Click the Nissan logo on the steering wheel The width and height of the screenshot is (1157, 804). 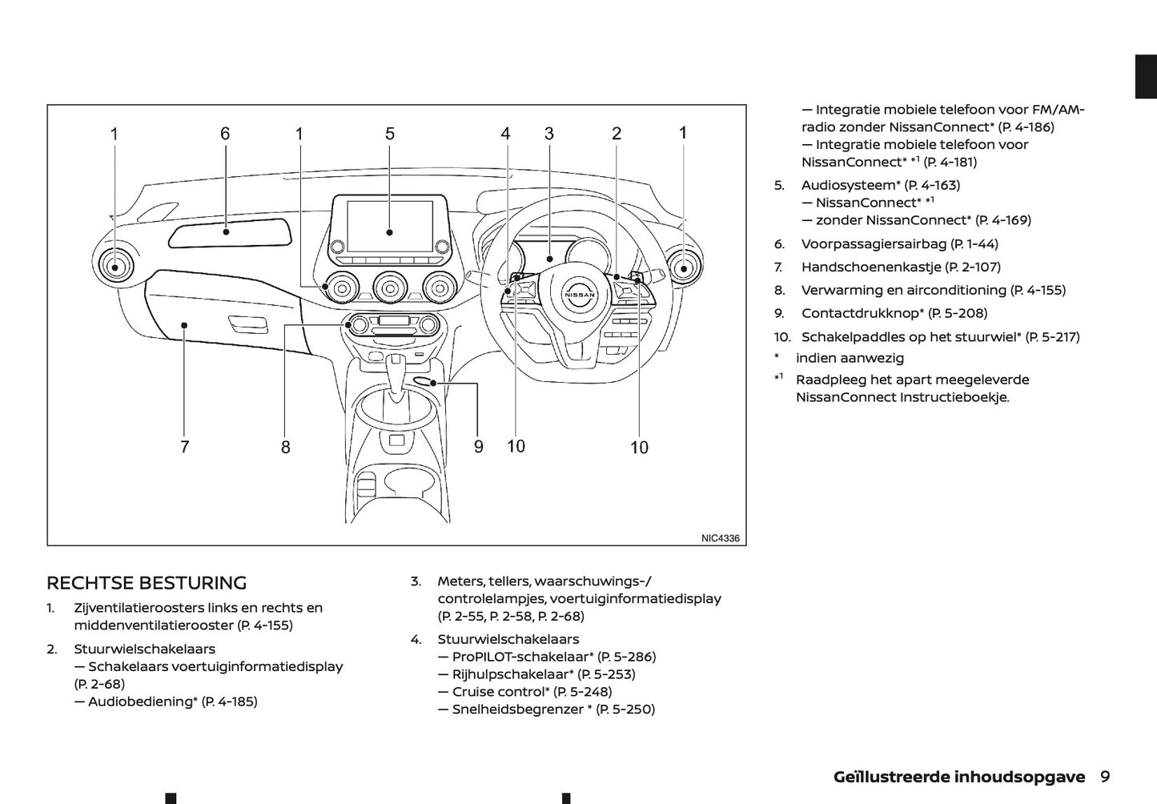[x=581, y=295]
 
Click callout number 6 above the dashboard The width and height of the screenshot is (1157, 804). [x=225, y=134]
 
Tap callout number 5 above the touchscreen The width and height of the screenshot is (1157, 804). [x=390, y=134]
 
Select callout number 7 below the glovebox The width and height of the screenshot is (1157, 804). [x=185, y=447]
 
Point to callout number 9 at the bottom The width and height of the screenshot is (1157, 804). [x=479, y=447]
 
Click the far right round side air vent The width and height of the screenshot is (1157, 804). [x=682, y=267]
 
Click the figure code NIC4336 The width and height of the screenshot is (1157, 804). [x=720, y=538]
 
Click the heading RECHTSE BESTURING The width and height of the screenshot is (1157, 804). [x=147, y=583]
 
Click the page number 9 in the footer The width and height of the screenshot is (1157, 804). [x=1105, y=776]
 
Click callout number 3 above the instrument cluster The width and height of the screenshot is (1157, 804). [x=549, y=134]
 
